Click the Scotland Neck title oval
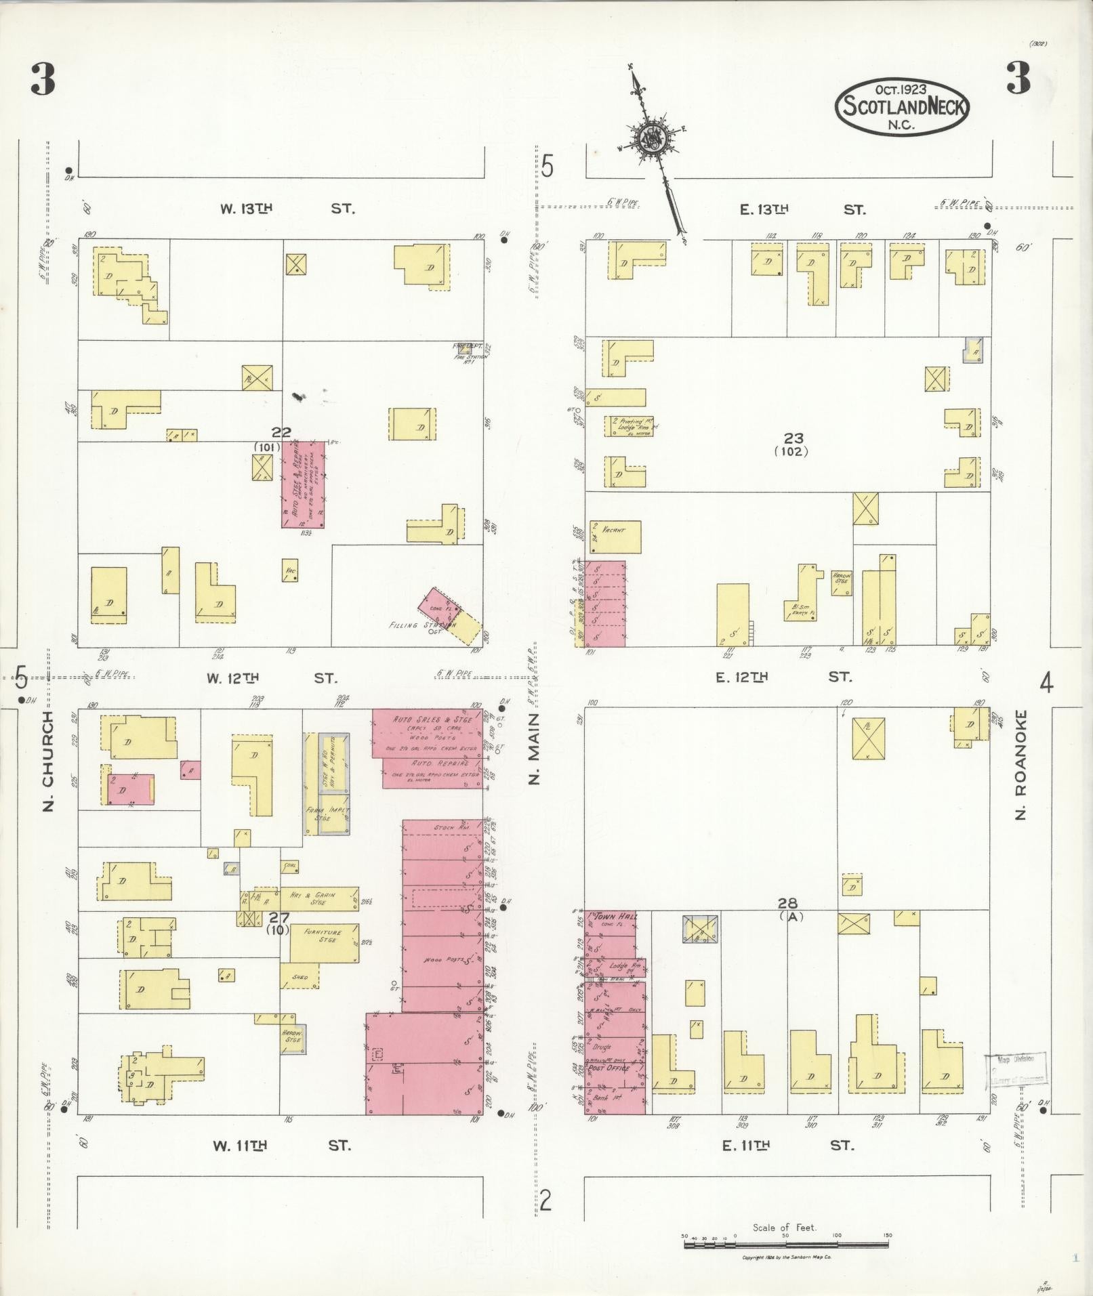(903, 106)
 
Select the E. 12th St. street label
(783, 677)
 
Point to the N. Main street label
(535, 749)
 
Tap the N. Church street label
(47, 759)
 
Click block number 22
(281, 432)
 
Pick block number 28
(787, 902)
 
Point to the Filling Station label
(418, 625)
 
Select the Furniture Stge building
(324, 942)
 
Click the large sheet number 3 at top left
(43, 80)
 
